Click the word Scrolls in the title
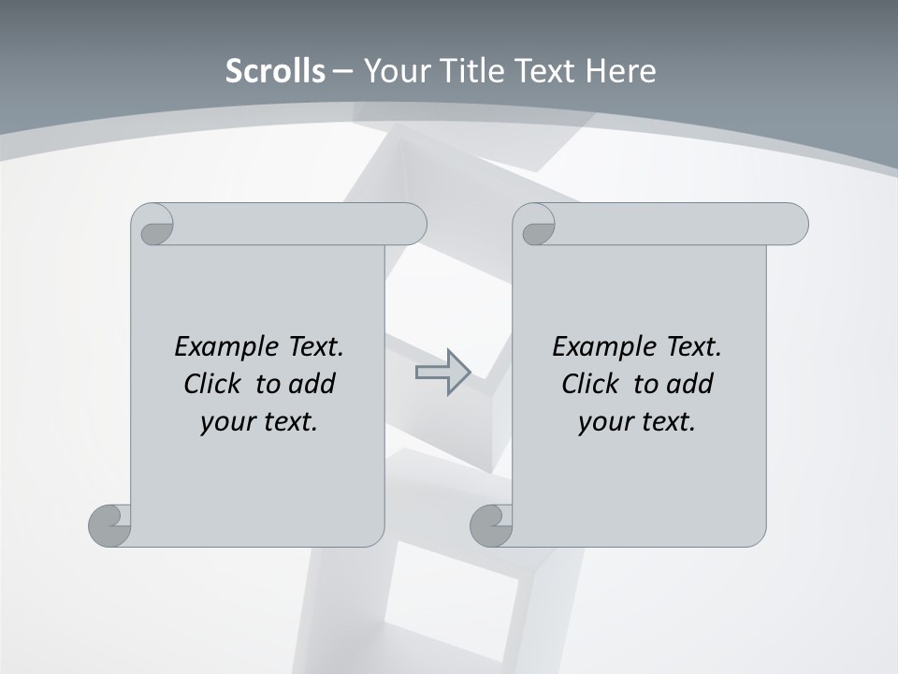click(x=276, y=71)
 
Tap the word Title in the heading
click(x=473, y=71)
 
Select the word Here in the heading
click(x=621, y=71)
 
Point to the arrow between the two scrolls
click(x=442, y=373)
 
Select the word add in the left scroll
click(x=311, y=384)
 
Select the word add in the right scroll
click(x=690, y=384)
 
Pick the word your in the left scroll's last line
click(x=227, y=422)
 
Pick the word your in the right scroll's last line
click(x=605, y=422)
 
